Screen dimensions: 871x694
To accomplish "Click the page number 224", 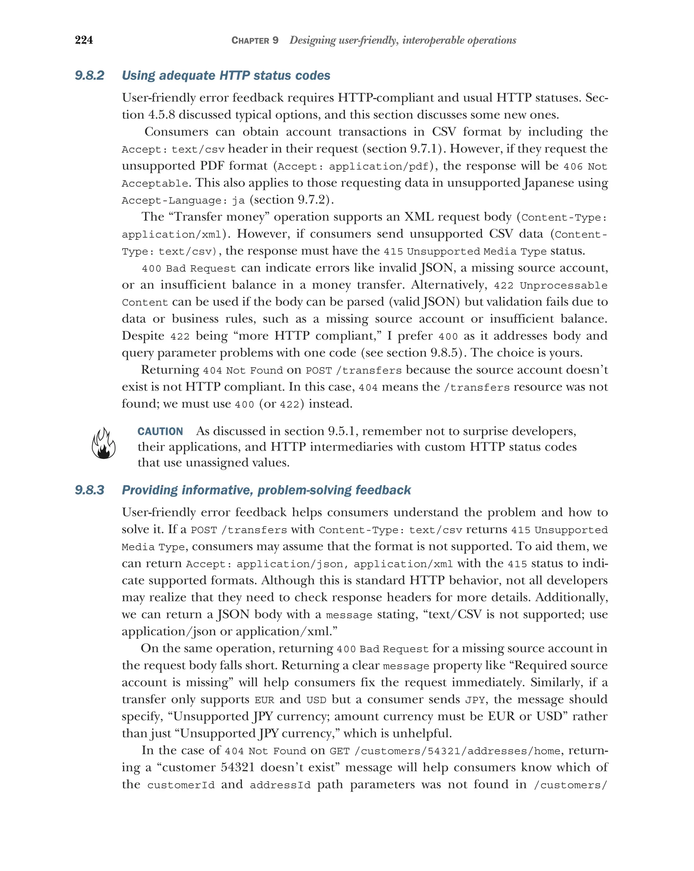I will (84, 40).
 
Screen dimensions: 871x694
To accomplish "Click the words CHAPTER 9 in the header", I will (255, 40).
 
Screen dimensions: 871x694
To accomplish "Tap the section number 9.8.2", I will (89, 76).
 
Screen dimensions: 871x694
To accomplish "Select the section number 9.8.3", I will (89, 490).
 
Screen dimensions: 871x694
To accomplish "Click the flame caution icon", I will (103, 443).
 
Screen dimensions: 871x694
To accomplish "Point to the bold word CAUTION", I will (160, 432).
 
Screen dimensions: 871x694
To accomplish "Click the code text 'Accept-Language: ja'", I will (183, 200).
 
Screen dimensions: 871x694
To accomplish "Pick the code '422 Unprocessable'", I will (550, 285).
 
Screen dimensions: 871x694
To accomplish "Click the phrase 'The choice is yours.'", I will (527, 353).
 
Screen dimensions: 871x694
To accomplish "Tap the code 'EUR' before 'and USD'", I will (264, 700).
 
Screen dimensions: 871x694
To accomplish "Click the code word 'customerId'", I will (181, 785).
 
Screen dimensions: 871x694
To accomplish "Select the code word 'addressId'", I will (280, 785).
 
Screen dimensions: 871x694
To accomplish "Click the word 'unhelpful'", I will (422, 733).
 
